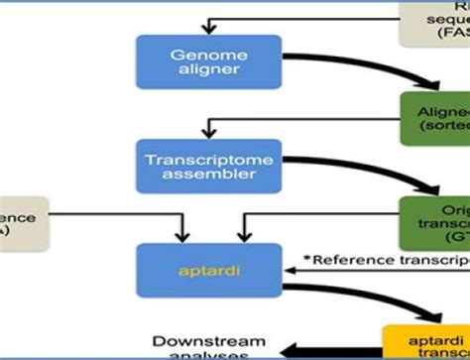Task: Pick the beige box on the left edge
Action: click(19, 223)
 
